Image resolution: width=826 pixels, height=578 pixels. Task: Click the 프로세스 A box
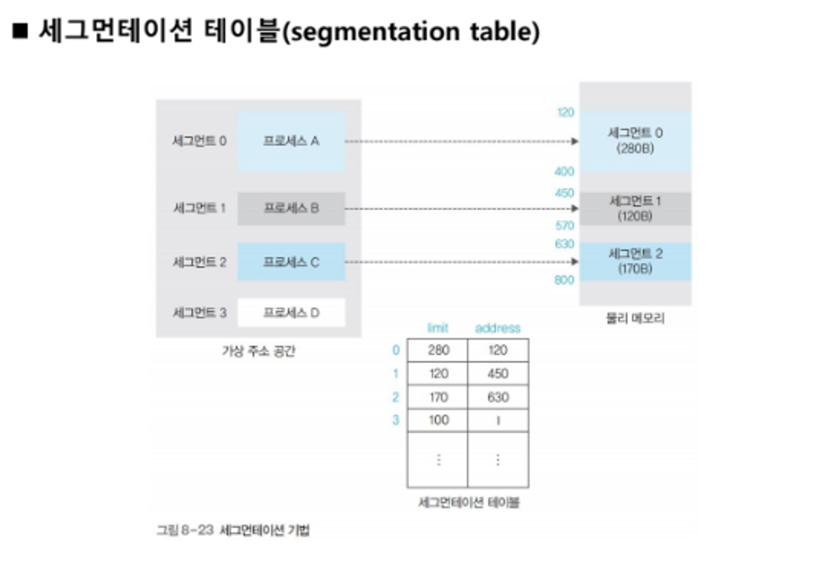click(291, 141)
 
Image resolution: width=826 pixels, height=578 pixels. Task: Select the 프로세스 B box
click(291, 208)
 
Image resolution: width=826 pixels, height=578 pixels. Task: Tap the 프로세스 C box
click(291, 262)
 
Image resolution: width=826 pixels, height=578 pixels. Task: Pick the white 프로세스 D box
click(291, 312)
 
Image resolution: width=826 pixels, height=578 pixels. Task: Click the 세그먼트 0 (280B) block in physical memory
click(635, 141)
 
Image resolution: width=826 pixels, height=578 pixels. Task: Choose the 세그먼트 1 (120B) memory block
click(635, 209)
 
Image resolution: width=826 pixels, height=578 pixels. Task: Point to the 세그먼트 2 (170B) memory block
click(635, 261)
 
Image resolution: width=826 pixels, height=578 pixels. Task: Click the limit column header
click(437, 328)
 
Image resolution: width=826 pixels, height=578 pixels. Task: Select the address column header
click(497, 328)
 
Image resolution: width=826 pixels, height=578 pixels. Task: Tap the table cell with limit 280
click(438, 350)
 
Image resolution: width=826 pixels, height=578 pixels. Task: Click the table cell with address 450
click(498, 373)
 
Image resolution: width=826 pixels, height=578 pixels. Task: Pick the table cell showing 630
click(498, 398)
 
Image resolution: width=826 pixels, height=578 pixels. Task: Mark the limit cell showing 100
click(438, 420)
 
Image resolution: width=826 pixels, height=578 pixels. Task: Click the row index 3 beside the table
click(396, 420)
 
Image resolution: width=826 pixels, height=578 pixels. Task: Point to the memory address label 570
click(565, 226)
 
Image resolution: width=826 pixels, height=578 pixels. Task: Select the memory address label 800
click(564, 280)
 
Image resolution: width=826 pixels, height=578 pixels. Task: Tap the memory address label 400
click(564, 172)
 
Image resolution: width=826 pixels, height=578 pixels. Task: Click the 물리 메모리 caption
click(635, 318)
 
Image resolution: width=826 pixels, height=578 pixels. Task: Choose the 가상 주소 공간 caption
click(259, 351)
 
